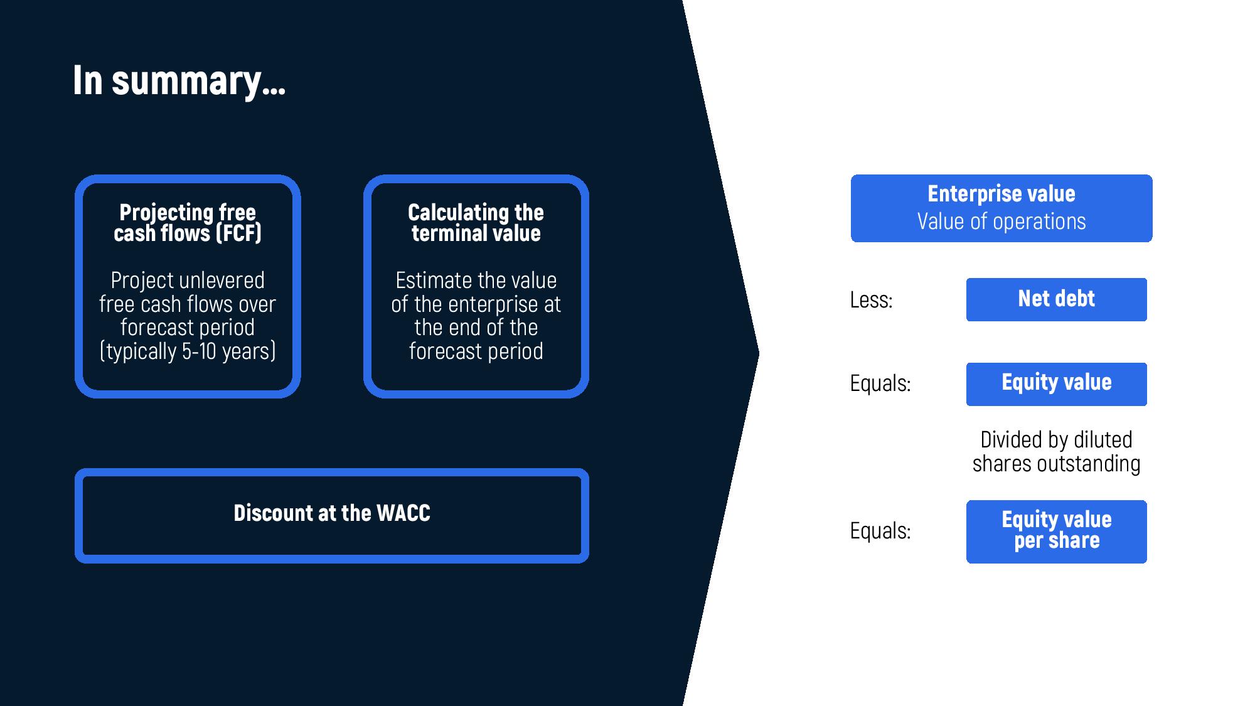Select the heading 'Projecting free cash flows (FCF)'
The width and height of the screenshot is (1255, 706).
188,223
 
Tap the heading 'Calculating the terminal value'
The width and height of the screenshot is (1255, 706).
476,223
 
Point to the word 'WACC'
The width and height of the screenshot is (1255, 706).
403,513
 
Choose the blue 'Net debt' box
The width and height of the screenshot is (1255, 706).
1056,299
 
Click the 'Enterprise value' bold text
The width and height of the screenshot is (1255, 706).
1001,194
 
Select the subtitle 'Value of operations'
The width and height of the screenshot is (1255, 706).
1001,222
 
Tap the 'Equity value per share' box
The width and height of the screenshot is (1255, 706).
1056,532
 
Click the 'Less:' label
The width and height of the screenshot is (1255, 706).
871,300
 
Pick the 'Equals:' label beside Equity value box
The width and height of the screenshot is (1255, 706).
880,383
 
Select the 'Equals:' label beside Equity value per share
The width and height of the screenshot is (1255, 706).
880,531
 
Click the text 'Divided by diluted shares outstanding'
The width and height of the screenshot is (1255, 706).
1056,452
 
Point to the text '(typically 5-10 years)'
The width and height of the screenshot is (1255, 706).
188,351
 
